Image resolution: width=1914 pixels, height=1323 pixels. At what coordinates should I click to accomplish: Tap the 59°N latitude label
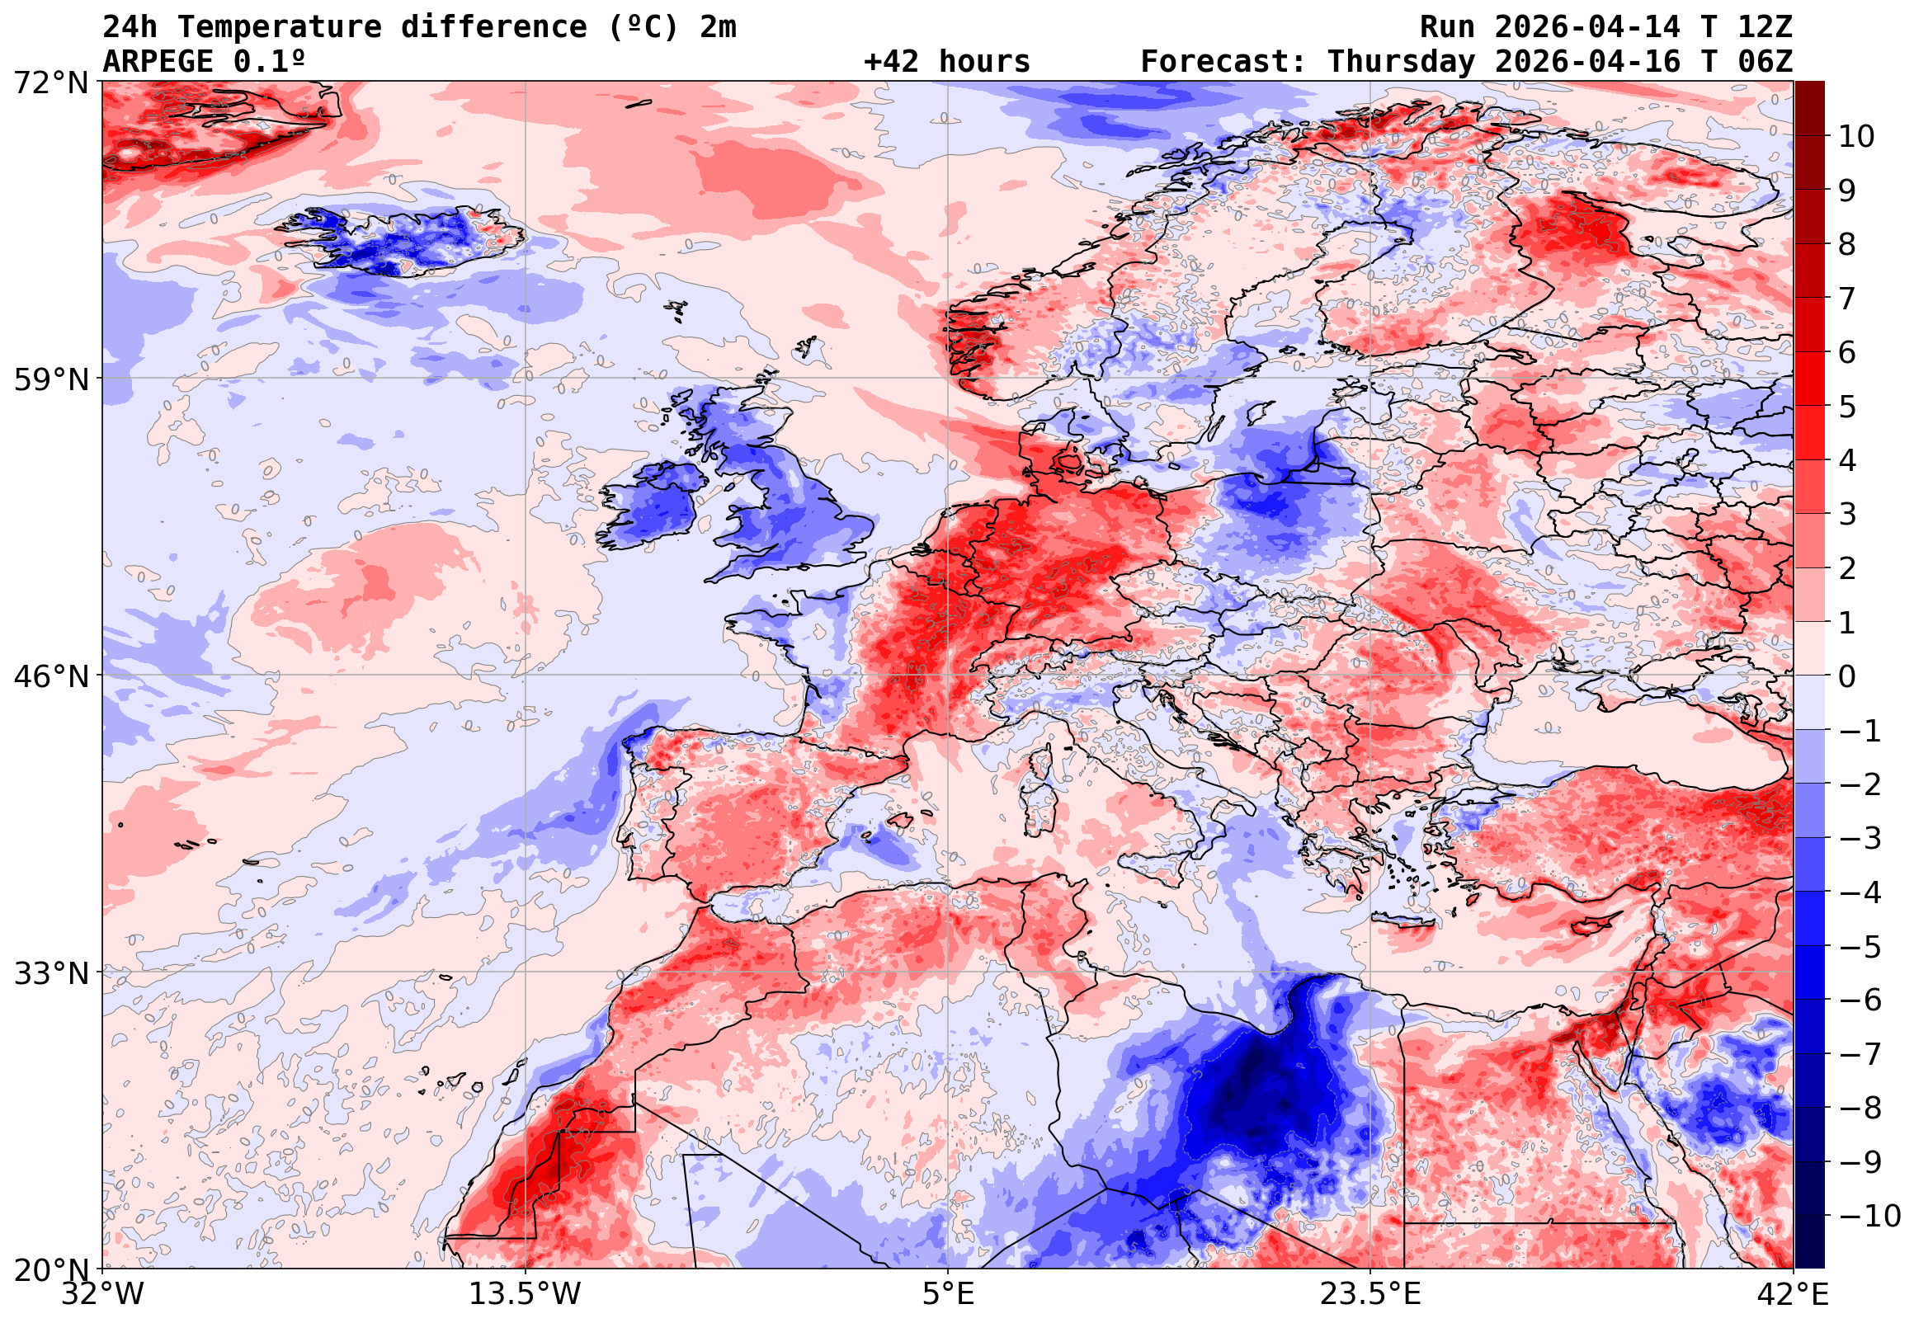pyautogui.click(x=50, y=379)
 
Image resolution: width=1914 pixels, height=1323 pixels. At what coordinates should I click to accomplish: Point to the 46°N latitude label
pyautogui.click(x=50, y=676)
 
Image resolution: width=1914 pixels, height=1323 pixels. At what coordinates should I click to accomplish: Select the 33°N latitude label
pyautogui.click(x=50, y=972)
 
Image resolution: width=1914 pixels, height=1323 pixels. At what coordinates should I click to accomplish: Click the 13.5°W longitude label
pyautogui.click(x=525, y=1294)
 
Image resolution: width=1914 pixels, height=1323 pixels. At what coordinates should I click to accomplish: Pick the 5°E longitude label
pyautogui.click(x=947, y=1294)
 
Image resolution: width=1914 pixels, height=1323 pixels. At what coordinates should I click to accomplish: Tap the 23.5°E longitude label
pyautogui.click(x=1369, y=1294)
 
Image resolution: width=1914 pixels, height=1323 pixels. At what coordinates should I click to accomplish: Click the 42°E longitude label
pyautogui.click(x=1792, y=1294)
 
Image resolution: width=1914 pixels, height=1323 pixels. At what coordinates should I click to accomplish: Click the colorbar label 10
pyautogui.click(x=1856, y=136)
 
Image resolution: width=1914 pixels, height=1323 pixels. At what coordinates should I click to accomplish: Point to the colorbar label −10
pyautogui.click(x=1869, y=1216)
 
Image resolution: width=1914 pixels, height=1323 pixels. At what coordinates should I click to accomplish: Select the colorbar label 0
pyautogui.click(x=1847, y=676)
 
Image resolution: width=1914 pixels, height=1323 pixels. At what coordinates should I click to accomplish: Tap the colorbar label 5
pyautogui.click(x=1847, y=407)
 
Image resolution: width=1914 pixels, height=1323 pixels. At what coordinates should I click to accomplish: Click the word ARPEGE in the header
pyautogui.click(x=157, y=62)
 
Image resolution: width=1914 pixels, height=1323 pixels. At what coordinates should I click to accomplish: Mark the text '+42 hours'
pyautogui.click(x=945, y=62)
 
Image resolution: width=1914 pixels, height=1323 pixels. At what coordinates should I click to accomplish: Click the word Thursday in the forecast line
pyautogui.click(x=1401, y=62)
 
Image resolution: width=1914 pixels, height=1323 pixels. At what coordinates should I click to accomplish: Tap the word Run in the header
pyautogui.click(x=1446, y=27)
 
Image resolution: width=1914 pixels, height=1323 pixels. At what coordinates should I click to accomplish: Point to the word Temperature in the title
pyautogui.click(x=280, y=27)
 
